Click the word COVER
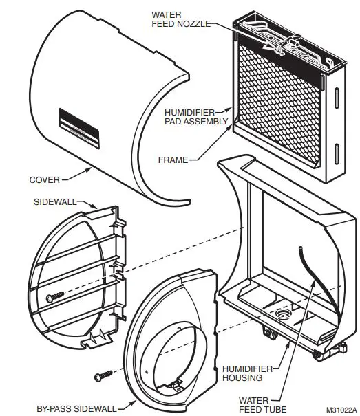[x=44, y=180]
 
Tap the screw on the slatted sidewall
[x=54, y=295]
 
